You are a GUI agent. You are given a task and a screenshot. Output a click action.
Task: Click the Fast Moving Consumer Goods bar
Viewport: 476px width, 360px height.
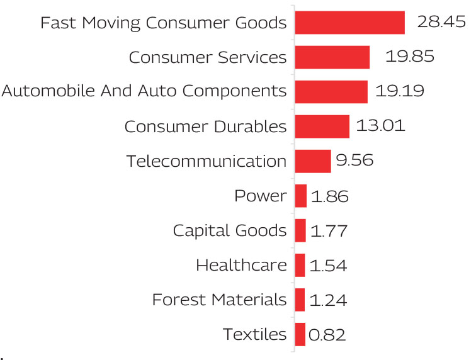(x=349, y=23)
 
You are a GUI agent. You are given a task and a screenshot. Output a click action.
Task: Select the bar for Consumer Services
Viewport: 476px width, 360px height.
(x=332, y=57)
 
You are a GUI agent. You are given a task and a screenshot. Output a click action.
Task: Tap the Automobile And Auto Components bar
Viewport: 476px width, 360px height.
(x=331, y=92)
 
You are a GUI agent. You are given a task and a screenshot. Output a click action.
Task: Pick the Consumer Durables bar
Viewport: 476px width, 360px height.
(x=322, y=127)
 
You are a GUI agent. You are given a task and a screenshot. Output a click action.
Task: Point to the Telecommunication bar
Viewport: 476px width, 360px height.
(x=312, y=161)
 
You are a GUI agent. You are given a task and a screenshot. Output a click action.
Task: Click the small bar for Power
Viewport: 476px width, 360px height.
(x=300, y=196)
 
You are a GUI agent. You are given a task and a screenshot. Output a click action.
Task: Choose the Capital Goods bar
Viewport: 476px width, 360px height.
(x=300, y=230)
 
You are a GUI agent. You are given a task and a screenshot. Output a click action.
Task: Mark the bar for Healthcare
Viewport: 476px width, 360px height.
(x=300, y=265)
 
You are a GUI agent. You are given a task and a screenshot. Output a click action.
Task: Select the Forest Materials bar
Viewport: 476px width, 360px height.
(x=300, y=300)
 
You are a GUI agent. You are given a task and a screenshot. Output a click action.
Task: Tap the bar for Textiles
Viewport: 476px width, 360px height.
(x=300, y=334)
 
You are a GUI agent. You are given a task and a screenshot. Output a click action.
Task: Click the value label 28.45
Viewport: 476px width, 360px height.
(x=439, y=23)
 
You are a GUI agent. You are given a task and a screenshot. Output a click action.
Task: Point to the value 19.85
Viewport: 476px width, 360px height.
(x=410, y=57)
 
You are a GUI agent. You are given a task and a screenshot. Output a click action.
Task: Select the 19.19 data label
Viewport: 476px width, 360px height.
(x=399, y=92)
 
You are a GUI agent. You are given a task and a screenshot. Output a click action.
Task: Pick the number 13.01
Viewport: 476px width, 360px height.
(x=380, y=127)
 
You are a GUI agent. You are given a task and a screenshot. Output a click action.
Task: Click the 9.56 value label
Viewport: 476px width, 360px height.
(x=354, y=161)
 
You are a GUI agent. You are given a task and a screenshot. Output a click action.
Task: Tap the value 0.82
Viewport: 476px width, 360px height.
(x=329, y=334)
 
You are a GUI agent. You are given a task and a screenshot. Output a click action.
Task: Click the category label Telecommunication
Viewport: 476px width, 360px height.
(x=207, y=161)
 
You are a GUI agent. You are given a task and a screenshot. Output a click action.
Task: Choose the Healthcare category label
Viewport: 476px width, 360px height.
(x=241, y=265)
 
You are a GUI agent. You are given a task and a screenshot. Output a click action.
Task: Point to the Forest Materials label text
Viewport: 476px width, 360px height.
(x=219, y=300)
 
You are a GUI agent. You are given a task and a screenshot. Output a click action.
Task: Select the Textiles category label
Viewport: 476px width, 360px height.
(x=254, y=334)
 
